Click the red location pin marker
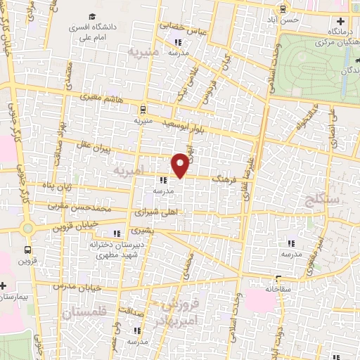tap(180, 165)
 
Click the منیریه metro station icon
tap(143, 109)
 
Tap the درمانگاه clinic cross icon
tap(340, 21)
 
